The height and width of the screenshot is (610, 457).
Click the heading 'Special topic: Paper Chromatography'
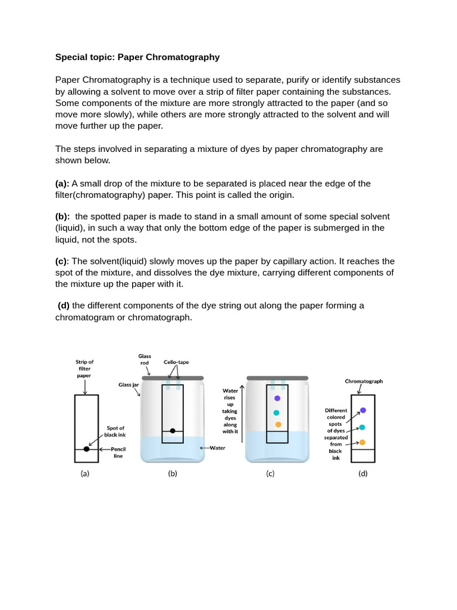137,57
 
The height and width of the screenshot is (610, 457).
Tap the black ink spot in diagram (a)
86,449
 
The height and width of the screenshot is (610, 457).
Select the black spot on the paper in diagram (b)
173,430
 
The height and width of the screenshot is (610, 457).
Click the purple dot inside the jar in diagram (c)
277,399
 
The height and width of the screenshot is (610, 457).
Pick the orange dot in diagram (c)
278,424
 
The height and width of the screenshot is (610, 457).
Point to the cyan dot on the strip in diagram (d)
362,427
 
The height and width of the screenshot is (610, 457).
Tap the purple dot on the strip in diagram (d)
363,410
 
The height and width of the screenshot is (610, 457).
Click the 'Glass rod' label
145,359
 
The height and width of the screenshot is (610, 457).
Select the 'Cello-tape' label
176,362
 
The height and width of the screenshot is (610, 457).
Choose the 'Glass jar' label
129,385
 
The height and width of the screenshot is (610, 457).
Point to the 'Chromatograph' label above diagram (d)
364,381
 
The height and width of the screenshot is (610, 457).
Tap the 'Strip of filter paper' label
84,368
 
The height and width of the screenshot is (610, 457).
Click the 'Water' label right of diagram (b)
217,447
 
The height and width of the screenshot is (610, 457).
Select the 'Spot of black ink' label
115,431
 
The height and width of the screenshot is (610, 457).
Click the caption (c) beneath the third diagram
270,474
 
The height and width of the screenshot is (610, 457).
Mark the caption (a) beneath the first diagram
85,474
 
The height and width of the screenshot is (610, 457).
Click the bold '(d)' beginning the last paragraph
64,306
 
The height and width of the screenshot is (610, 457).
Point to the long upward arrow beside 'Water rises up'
242,410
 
